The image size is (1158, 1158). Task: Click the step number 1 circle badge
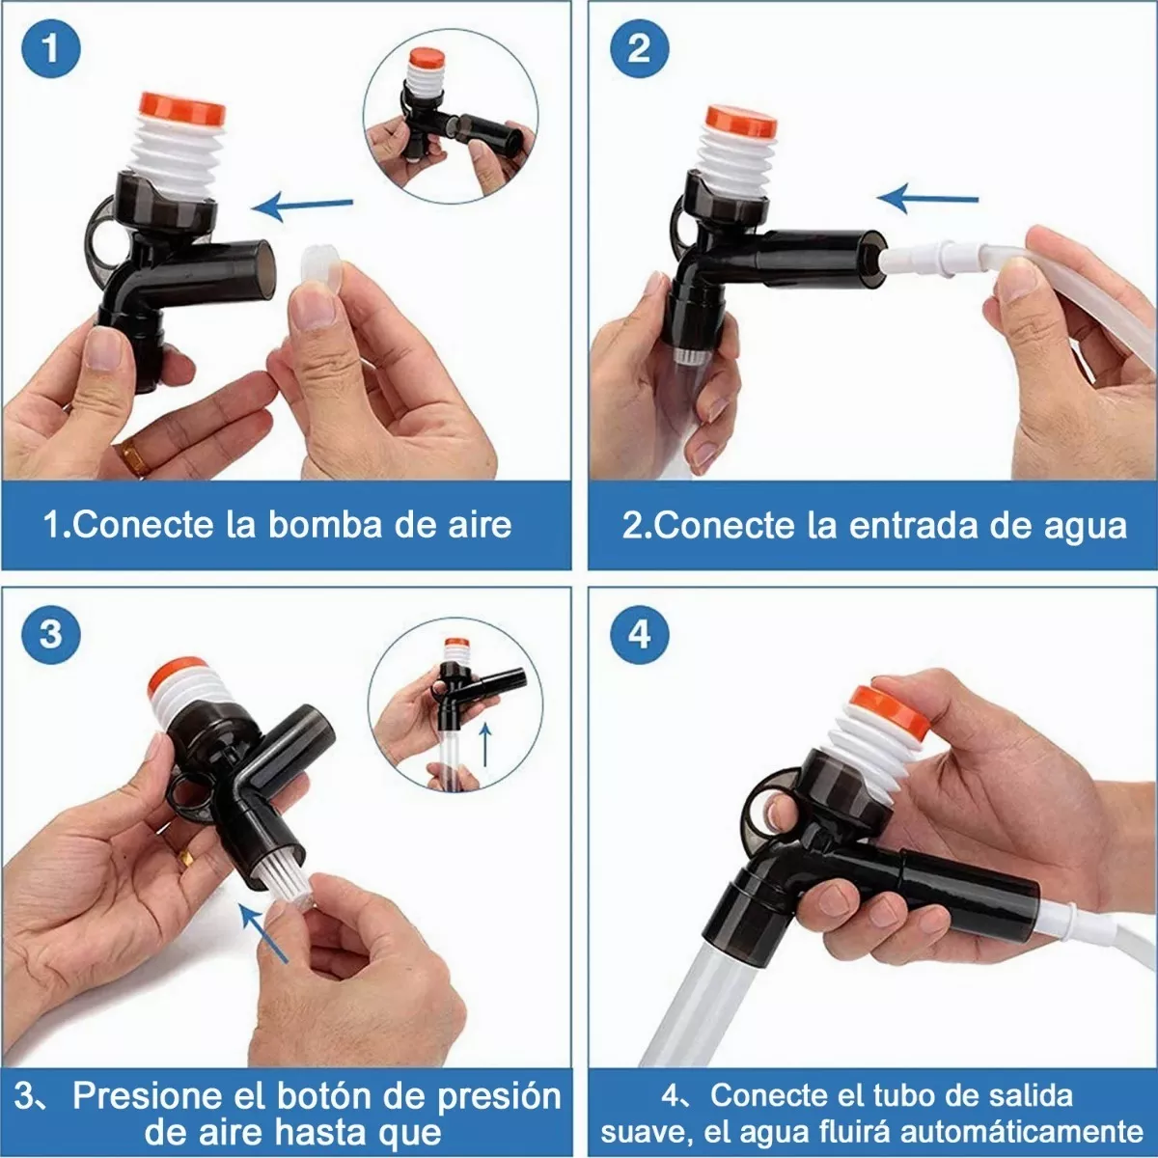[50, 48]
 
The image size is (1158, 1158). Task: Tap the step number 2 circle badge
[639, 48]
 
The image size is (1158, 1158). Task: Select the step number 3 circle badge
[50, 634]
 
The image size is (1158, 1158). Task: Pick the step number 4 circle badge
[639, 634]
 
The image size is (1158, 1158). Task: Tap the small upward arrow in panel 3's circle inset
[485, 743]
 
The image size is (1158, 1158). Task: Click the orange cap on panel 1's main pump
[181, 108]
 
